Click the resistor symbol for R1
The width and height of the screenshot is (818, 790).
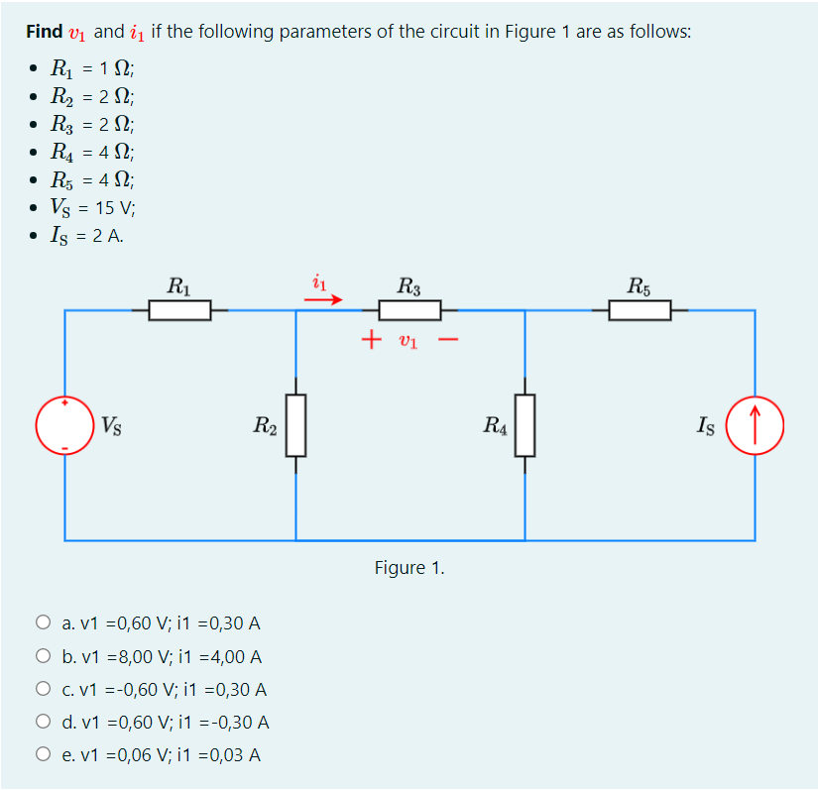pyautogui.click(x=179, y=311)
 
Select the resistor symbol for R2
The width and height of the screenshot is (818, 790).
pyautogui.click(x=295, y=425)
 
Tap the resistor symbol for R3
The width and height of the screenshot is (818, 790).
pyautogui.click(x=409, y=311)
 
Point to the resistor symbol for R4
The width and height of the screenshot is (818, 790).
pyautogui.click(x=525, y=425)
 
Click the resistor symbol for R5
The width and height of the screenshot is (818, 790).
pyautogui.click(x=640, y=311)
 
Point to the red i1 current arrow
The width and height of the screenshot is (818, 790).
pyautogui.click(x=331, y=296)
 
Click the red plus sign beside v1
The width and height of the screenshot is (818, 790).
pyautogui.click(x=371, y=341)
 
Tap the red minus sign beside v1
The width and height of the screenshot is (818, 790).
pyautogui.click(x=448, y=341)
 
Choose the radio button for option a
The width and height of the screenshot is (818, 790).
pyautogui.click(x=43, y=623)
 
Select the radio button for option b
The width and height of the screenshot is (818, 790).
pyautogui.click(x=43, y=656)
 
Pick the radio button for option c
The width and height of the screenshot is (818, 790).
pyautogui.click(x=43, y=689)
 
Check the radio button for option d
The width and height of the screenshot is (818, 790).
pyautogui.click(x=43, y=723)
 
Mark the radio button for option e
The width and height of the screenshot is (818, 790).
pyautogui.click(x=43, y=755)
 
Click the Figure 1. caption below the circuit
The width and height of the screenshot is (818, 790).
pyautogui.click(x=409, y=568)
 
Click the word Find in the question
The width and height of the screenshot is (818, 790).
pyautogui.click(x=45, y=32)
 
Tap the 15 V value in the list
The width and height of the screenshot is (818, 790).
pyautogui.click(x=111, y=209)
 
